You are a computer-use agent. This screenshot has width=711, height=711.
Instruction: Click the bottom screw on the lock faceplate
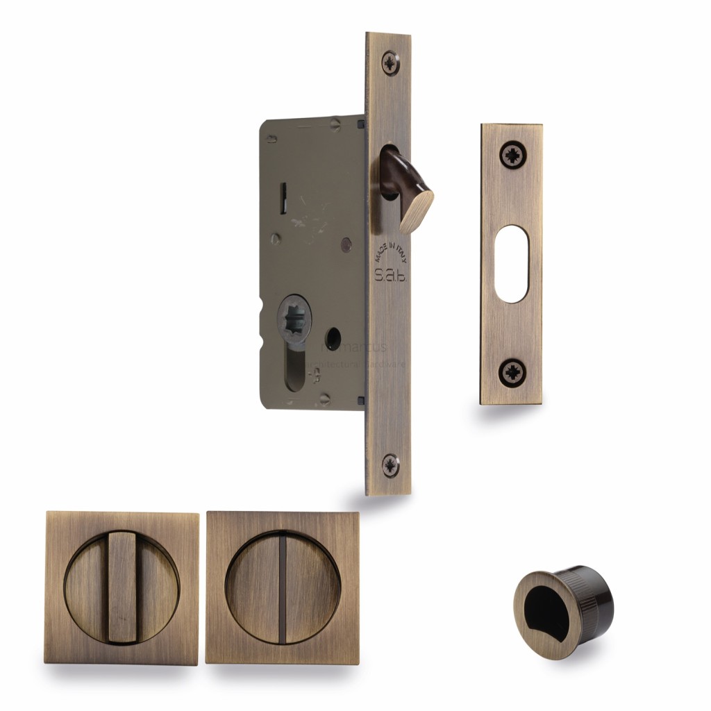tap(390, 465)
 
